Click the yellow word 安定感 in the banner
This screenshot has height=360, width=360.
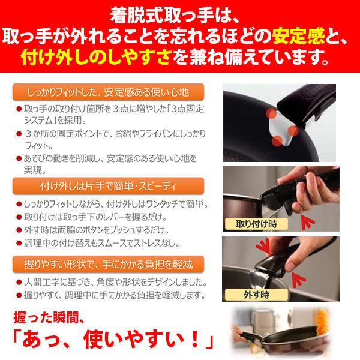point(298,35)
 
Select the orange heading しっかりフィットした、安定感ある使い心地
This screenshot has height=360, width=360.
point(108,92)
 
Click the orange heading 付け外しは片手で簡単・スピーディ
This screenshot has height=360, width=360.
point(109,186)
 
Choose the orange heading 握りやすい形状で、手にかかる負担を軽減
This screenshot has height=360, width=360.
point(109,264)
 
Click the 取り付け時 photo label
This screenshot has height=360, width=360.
point(256,224)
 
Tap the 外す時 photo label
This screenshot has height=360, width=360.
point(256,295)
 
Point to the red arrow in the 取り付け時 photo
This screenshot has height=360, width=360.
point(307,221)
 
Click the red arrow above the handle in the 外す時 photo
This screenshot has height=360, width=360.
point(263,246)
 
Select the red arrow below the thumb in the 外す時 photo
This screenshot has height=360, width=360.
point(298,279)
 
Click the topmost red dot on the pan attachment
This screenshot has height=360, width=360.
point(272,114)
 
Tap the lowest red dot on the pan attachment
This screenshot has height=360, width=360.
point(277,141)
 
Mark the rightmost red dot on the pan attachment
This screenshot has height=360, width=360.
point(293,130)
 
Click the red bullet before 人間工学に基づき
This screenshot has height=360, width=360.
point(19,282)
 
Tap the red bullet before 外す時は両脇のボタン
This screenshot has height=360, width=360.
point(19,230)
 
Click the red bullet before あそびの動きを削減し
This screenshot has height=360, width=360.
point(19,158)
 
